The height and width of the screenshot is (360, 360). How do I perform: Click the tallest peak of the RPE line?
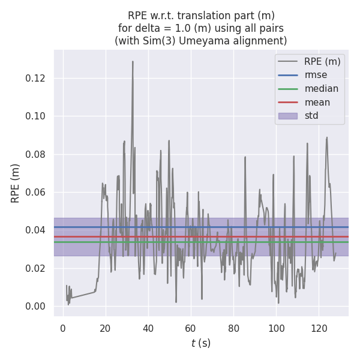click(133, 61)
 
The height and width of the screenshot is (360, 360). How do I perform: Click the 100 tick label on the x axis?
click(276, 328)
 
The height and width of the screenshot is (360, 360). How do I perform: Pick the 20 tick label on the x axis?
click(106, 328)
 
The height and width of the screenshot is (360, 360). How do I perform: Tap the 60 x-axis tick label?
click(191, 328)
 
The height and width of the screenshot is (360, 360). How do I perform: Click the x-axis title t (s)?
click(201, 343)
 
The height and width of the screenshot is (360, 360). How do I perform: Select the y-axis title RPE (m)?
click(16, 183)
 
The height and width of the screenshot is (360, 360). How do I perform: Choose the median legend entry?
click(321, 89)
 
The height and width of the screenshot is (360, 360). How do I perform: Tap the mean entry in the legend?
click(317, 103)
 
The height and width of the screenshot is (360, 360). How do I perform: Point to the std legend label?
click(311, 116)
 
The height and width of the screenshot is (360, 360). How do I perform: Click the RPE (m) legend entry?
click(322, 61)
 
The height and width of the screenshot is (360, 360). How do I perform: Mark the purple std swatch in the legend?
click(287, 116)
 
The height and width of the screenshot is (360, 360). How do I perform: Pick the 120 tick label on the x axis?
click(319, 328)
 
